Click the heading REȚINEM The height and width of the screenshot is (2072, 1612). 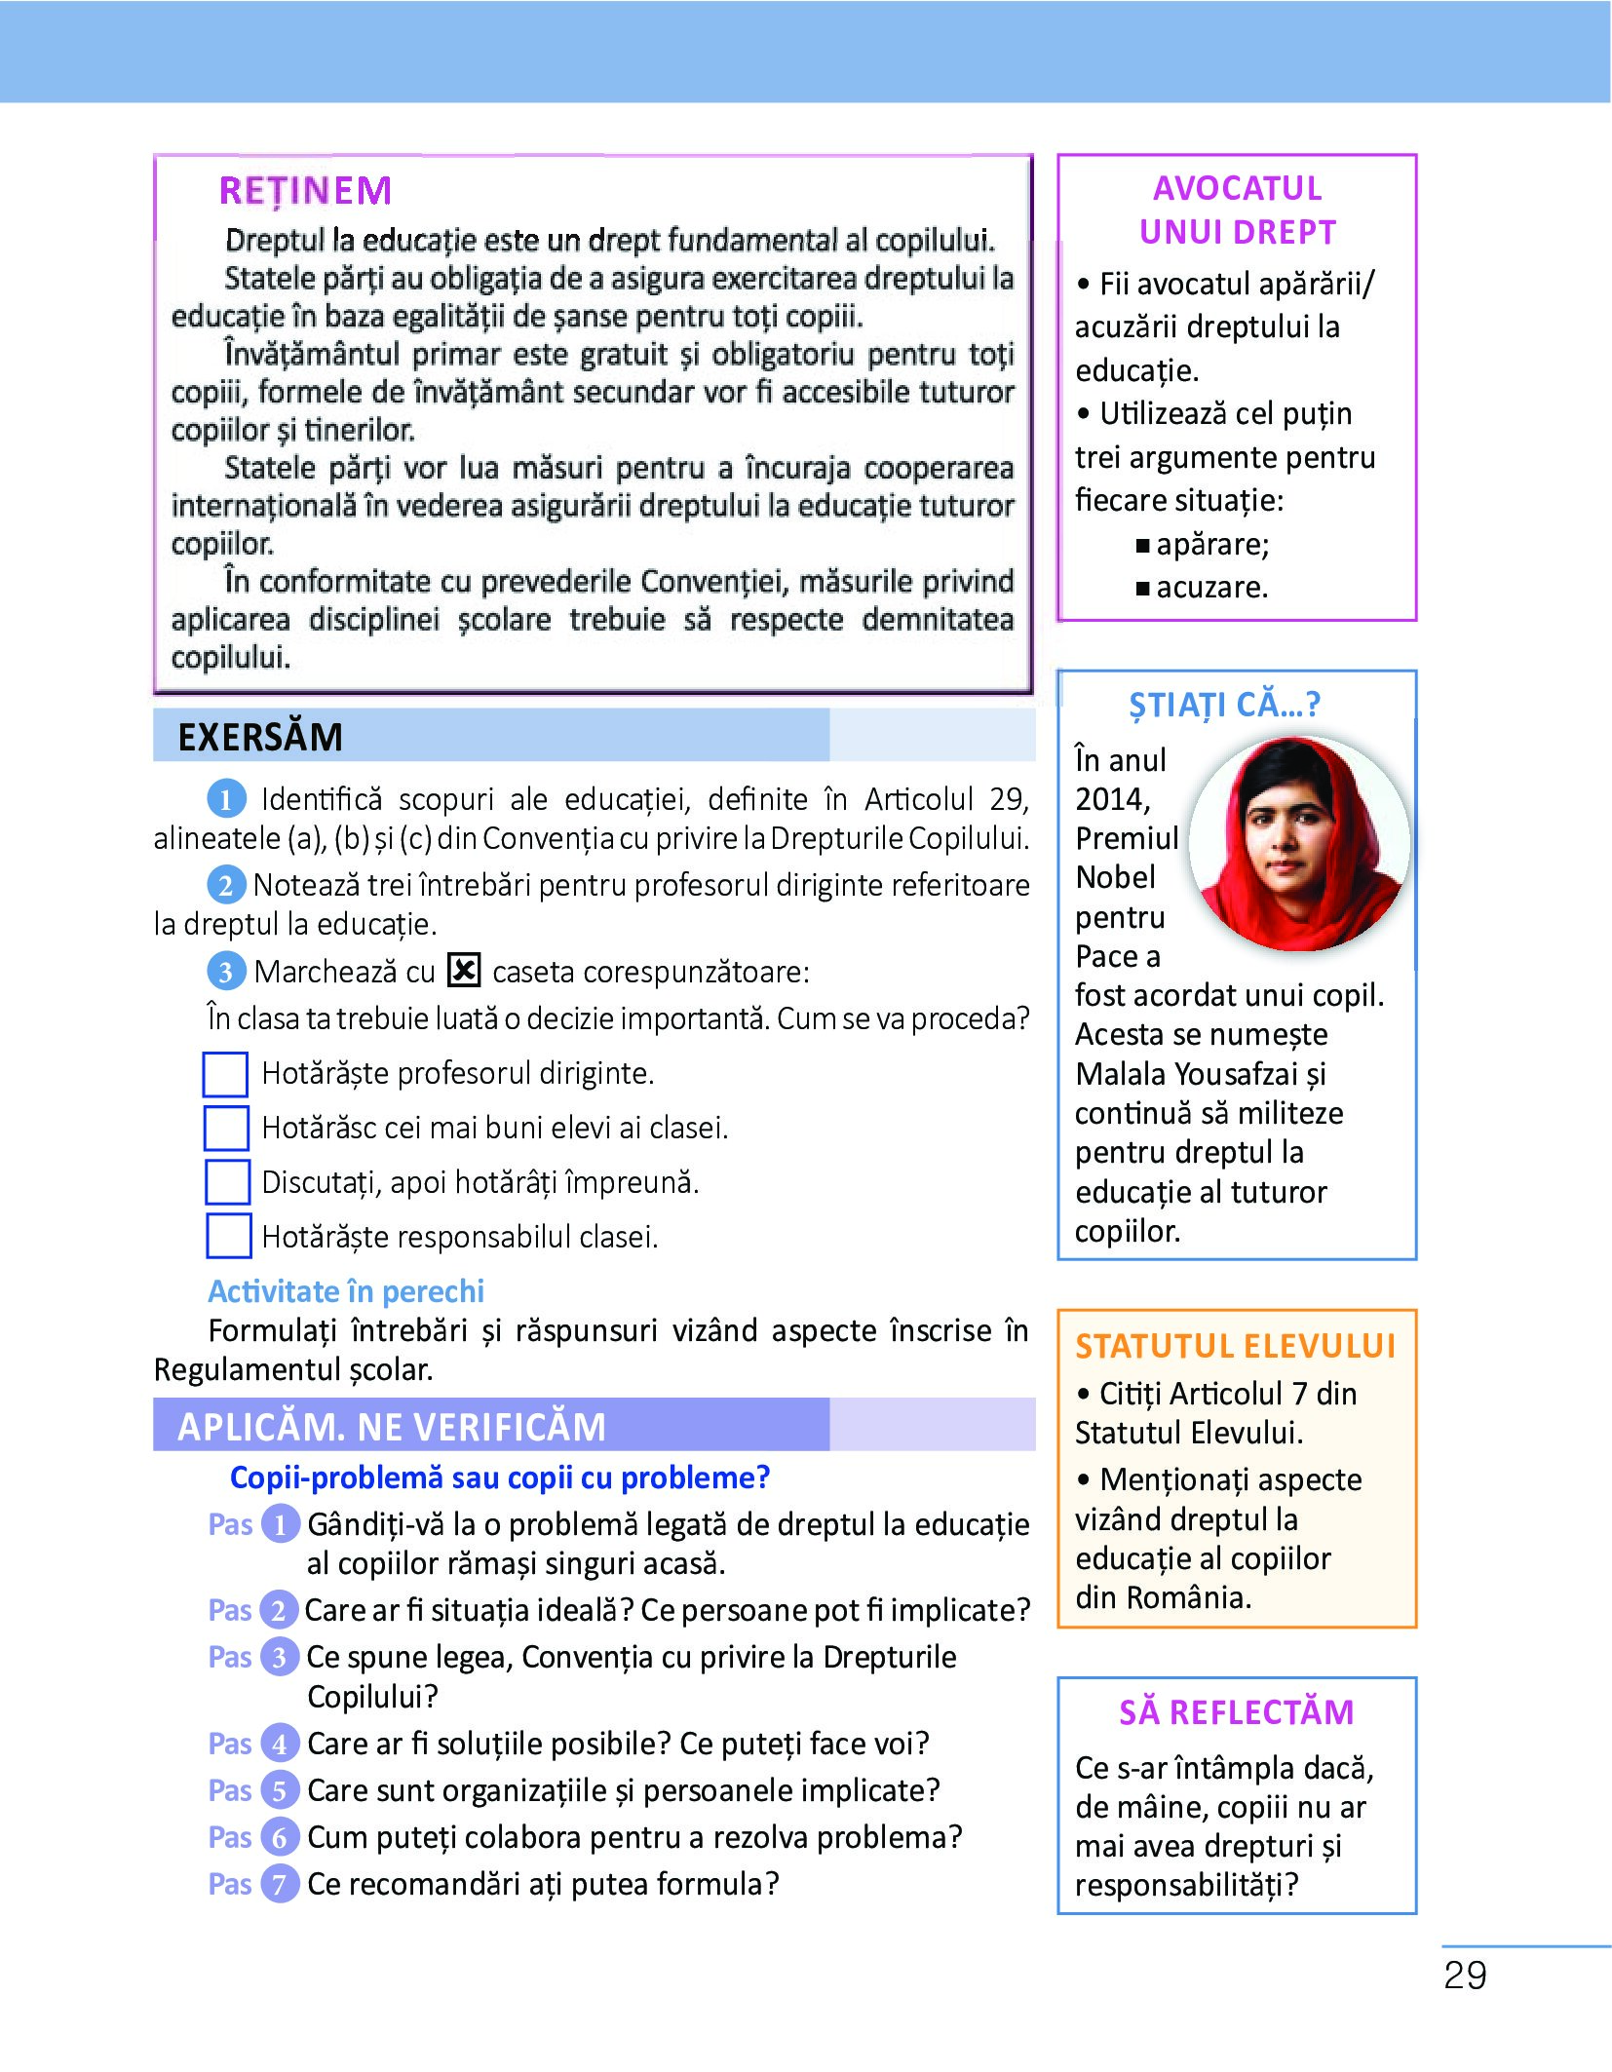[x=305, y=191]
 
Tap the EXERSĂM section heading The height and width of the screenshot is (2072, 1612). [x=260, y=738]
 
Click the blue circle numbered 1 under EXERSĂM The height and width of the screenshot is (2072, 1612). [x=226, y=800]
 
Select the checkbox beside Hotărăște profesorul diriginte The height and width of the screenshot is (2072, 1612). [x=225, y=1074]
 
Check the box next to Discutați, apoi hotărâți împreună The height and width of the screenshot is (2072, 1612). [x=227, y=1182]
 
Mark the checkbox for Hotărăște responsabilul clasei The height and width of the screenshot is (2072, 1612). [x=229, y=1236]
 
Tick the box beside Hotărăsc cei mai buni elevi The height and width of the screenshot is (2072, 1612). [x=226, y=1128]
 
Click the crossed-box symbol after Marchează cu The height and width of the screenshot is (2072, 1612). [x=464, y=971]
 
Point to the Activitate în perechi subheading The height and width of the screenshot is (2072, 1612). [x=346, y=1291]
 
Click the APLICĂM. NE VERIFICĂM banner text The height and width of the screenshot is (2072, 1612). [x=392, y=1427]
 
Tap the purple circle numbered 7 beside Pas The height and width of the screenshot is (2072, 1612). [x=280, y=1884]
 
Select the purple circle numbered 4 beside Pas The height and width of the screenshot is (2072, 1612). [x=280, y=1744]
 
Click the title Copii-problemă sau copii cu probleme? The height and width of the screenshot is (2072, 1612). [x=500, y=1477]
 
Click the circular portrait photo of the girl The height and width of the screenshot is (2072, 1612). [x=1298, y=844]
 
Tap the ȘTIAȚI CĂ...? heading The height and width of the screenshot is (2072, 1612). [x=1224, y=705]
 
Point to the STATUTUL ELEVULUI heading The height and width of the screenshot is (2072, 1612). [x=1235, y=1346]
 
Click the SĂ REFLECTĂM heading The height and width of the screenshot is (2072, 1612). [x=1236, y=1712]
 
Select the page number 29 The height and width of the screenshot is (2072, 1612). [x=1465, y=1976]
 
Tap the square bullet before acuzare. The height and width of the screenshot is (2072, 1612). [x=1142, y=589]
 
